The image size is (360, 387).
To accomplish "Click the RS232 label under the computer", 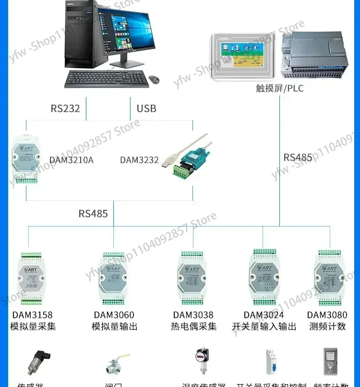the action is pyautogui.click(x=65, y=108).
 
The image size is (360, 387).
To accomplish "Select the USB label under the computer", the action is pyautogui.click(x=146, y=108).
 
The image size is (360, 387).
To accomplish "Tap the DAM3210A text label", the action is pyautogui.click(x=72, y=160).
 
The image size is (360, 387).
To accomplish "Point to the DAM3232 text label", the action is pyautogui.click(x=139, y=160).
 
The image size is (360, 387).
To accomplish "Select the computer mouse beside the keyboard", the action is pyautogui.click(x=154, y=79).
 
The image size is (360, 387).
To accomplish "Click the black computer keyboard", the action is pyautogui.click(x=105, y=79).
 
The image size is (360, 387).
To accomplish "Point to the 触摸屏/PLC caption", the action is pyautogui.click(x=280, y=88).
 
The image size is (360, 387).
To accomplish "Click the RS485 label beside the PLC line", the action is pyautogui.click(x=298, y=157).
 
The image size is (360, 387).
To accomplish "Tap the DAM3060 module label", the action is pyautogui.click(x=114, y=315).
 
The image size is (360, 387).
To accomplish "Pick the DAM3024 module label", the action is pyautogui.click(x=264, y=315).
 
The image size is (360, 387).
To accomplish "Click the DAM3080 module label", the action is pyautogui.click(x=327, y=315).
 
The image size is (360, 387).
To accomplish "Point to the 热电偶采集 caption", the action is pyautogui.click(x=194, y=327).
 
